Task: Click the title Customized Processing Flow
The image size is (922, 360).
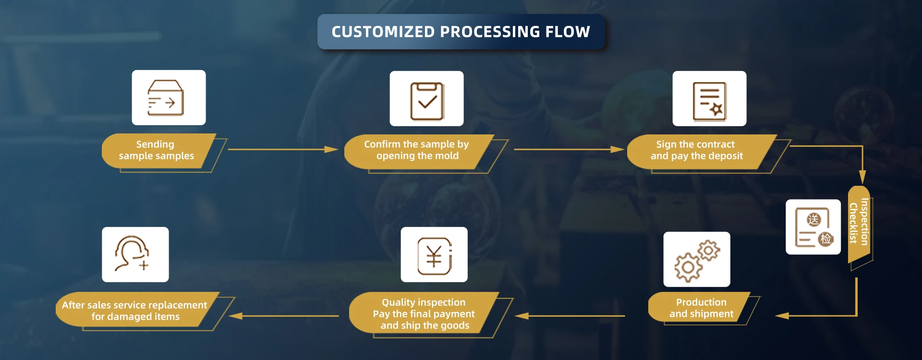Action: pyautogui.click(x=461, y=32)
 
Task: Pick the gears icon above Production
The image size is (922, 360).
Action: pyautogui.click(x=696, y=259)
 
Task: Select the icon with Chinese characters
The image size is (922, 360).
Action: pyautogui.click(x=813, y=227)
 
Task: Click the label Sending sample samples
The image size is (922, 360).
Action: pyautogui.click(x=157, y=150)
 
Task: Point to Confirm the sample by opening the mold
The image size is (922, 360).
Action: pyautogui.click(x=416, y=150)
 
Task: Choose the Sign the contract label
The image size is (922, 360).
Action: pyautogui.click(x=696, y=150)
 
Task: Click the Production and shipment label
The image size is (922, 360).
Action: pyautogui.click(x=701, y=308)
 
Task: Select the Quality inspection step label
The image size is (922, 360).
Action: pyautogui.click(x=424, y=314)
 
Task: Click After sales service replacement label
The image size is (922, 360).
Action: pyautogui.click(x=134, y=311)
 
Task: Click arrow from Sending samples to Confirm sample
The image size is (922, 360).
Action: pyautogui.click(x=283, y=150)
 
